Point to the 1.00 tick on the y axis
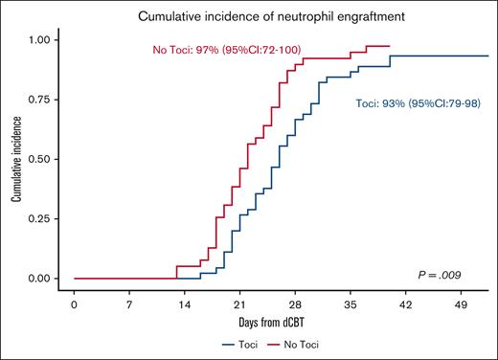pos(40,40)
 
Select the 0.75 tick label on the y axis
pos(40,100)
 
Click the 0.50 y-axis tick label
pos(40,159)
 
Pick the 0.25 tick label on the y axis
pos(40,218)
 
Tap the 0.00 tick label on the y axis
pos(40,279)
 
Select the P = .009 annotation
pos(447,273)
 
